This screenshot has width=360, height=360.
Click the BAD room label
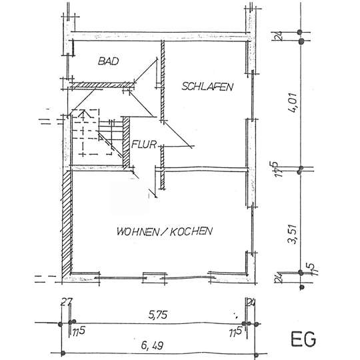point(107,61)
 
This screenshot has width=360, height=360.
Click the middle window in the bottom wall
point(154,273)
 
